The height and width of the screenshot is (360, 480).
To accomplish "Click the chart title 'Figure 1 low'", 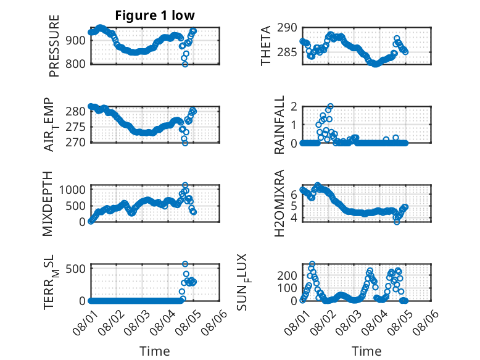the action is coord(155,15).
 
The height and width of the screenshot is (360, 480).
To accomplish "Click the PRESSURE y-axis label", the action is coord(54,46).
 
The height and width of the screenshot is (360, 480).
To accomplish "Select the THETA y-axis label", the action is coord(266,46).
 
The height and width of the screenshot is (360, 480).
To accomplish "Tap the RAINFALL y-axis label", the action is coord(279,125).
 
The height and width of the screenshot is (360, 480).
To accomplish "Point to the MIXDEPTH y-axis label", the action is coord(48,204).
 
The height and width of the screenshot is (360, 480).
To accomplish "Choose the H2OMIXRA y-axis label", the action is coord(279,203).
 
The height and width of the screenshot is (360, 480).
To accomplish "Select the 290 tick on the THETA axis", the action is coord(287,28).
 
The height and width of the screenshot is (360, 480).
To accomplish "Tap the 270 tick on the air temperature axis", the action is coord(76,143).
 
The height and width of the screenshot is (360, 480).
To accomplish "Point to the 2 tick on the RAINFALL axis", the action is coord(294,107).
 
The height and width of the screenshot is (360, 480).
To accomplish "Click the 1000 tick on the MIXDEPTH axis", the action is coord(72,190).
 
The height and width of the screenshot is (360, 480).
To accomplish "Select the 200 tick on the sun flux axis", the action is coord(287,275).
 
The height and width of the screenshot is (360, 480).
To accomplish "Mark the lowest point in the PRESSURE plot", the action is coord(185,64).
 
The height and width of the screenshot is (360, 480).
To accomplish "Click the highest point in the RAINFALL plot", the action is coord(330,106).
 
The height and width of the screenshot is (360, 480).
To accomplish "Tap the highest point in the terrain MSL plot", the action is coord(185,264).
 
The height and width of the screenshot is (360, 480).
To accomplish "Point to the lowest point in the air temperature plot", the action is coord(185,143).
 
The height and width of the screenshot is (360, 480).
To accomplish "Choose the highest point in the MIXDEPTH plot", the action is coord(185,185).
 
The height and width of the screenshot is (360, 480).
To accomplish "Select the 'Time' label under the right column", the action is coord(366,351).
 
